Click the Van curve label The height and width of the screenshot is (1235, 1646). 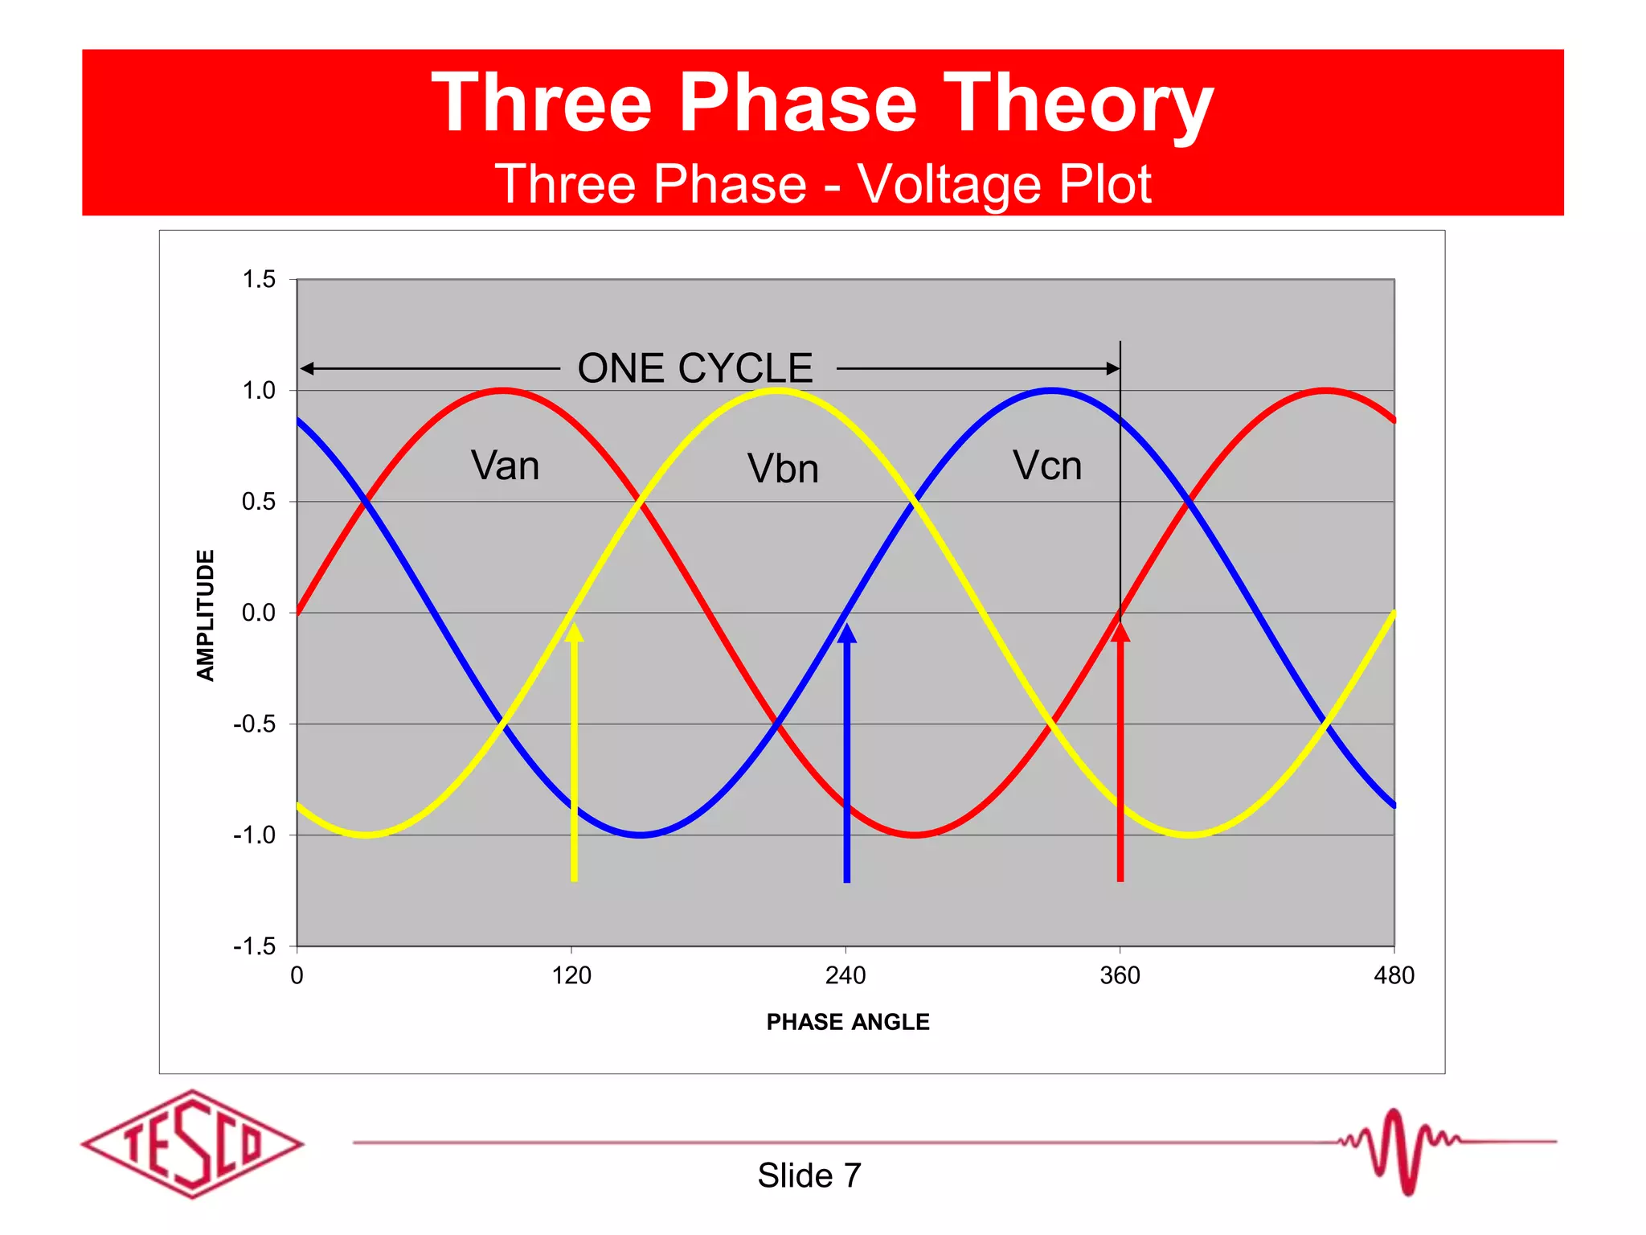click(505, 466)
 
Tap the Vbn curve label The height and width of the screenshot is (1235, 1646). click(783, 469)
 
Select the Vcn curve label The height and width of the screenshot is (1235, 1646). click(1046, 466)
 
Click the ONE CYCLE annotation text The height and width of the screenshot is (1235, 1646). click(695, 368)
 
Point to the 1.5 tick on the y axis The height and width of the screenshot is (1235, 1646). click(259, 279)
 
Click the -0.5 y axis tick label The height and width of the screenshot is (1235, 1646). click(254, 724)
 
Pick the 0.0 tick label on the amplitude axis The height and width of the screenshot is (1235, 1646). click(258, 613)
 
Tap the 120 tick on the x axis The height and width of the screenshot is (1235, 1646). click(571, 975)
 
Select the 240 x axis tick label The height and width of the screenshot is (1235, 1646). click(846, 975)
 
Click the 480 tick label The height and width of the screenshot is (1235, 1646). click(1394, 975)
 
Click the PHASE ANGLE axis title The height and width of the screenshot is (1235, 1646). click(848, 1022)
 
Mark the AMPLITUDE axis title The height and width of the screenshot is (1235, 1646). click(206, 615)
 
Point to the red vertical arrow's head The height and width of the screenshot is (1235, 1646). click(1120, 632)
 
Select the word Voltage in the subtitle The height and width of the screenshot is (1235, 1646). click(949, 184)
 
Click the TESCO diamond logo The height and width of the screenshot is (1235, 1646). click(192, 1144)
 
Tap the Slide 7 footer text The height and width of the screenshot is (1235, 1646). click(809, 1176)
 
